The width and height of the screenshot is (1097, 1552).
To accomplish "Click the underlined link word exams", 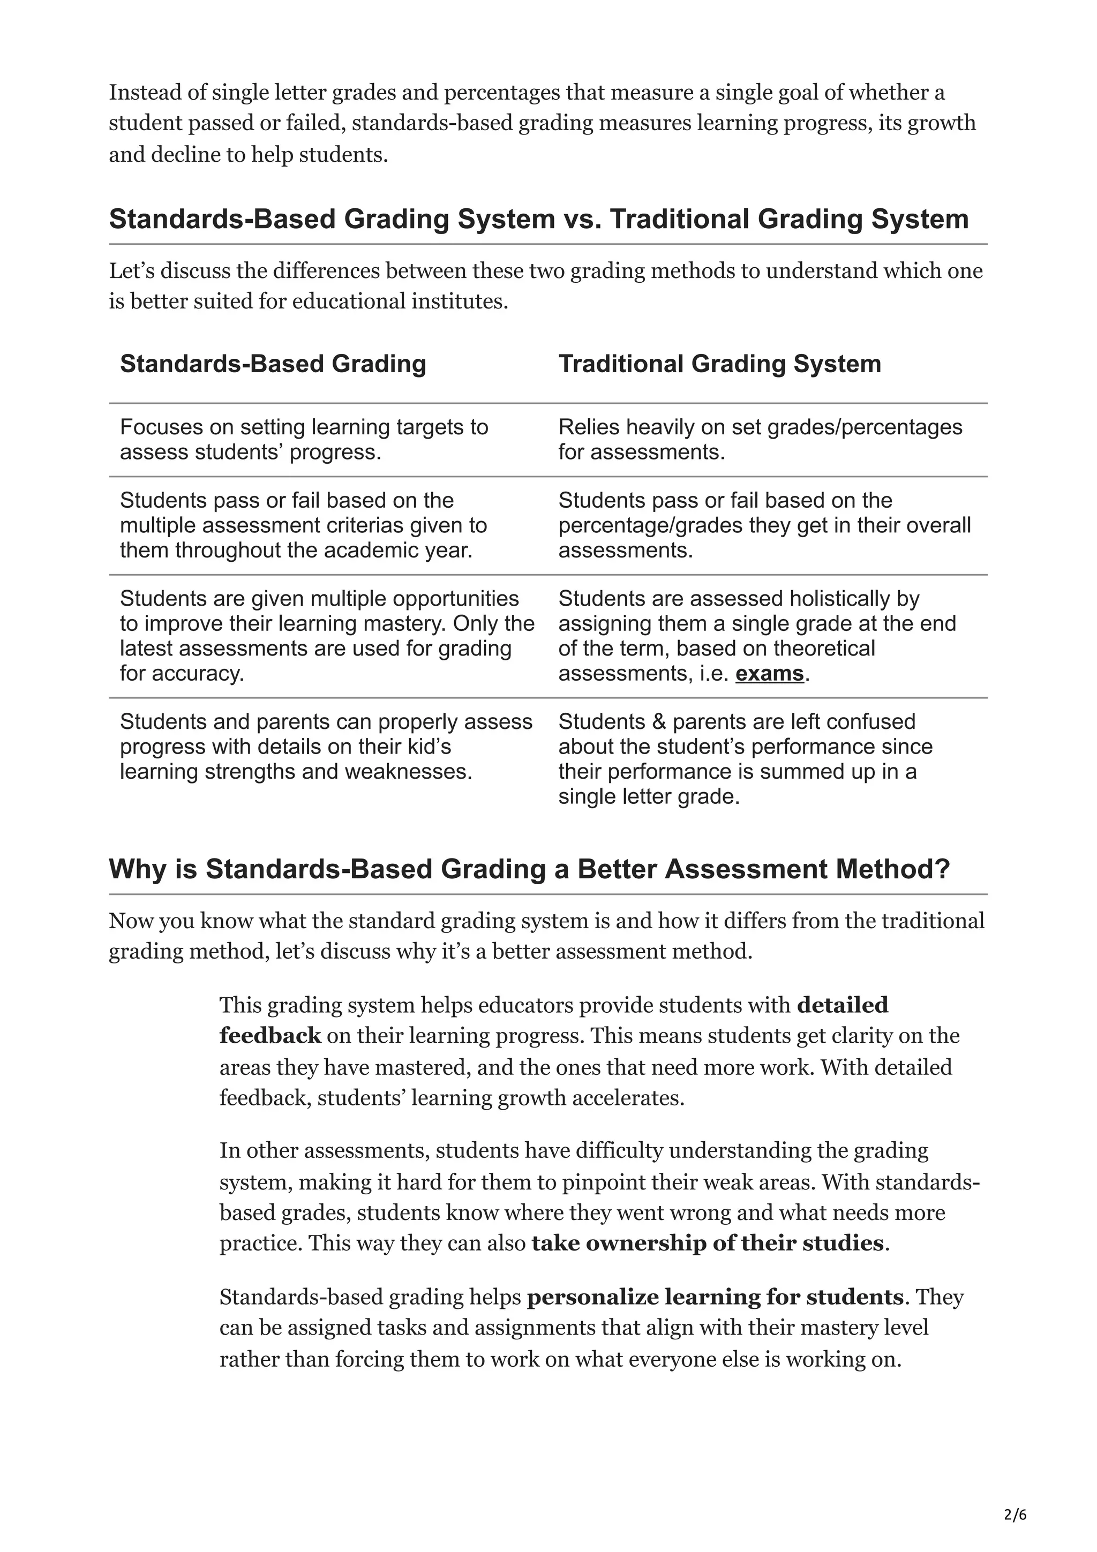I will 769,674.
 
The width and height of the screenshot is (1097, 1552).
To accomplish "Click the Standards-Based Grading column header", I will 273,364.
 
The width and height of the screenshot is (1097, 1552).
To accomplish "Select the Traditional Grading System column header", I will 719,364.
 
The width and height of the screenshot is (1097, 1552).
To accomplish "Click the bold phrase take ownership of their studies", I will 707,1242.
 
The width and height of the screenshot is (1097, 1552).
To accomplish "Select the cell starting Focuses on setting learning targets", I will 304,439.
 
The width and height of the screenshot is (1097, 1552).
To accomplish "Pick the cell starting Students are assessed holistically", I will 757,636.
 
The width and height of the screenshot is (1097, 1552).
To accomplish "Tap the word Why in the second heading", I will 134,869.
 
